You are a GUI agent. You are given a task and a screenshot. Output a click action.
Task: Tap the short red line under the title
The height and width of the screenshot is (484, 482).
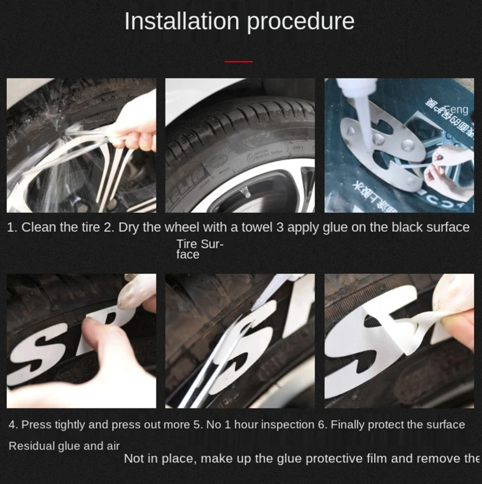[239, 62]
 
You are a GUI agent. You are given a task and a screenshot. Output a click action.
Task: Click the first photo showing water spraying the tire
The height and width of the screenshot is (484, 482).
[81, 145]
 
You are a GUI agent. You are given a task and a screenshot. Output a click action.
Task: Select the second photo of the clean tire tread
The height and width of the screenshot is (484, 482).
[240, 145]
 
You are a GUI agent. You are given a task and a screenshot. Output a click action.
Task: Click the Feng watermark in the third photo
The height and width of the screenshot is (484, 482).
[456, 110]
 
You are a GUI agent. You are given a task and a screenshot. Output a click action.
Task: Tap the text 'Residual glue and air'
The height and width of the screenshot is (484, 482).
[63, 446]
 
